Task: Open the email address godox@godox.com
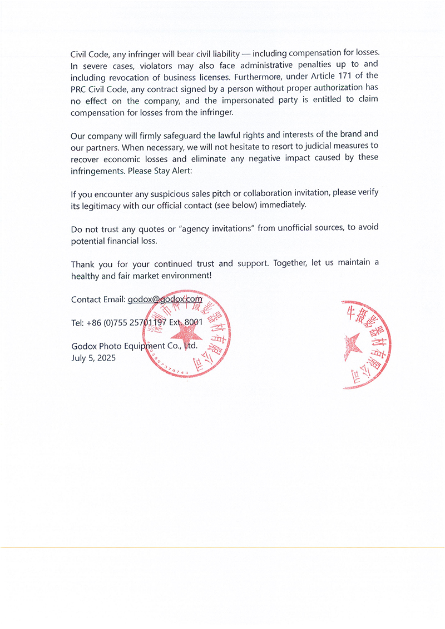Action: (x=165, y=299)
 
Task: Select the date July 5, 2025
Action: (x=93, y=358)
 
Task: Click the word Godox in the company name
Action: (x=83, y=346)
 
